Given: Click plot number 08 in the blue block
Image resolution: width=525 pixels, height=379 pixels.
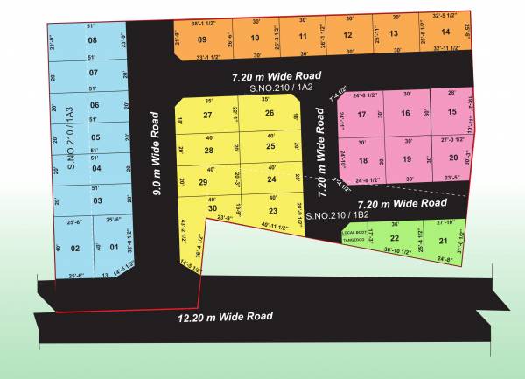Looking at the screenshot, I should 93,41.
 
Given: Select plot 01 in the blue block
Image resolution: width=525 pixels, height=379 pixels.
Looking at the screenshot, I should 113,248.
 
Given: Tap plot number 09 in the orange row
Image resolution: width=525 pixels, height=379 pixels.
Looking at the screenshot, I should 202,39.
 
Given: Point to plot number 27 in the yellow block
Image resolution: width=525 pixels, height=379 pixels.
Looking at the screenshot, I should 207,115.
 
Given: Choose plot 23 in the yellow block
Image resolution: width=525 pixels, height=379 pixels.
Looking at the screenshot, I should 272,211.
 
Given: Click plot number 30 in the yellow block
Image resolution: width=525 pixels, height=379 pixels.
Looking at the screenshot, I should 212,207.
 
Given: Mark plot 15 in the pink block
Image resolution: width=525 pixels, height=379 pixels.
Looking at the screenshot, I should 451,111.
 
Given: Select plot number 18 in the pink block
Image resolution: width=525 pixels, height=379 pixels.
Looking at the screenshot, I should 363,159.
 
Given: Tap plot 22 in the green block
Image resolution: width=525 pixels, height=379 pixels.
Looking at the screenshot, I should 395,238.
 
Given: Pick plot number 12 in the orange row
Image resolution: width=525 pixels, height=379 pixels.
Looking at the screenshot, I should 346,35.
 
